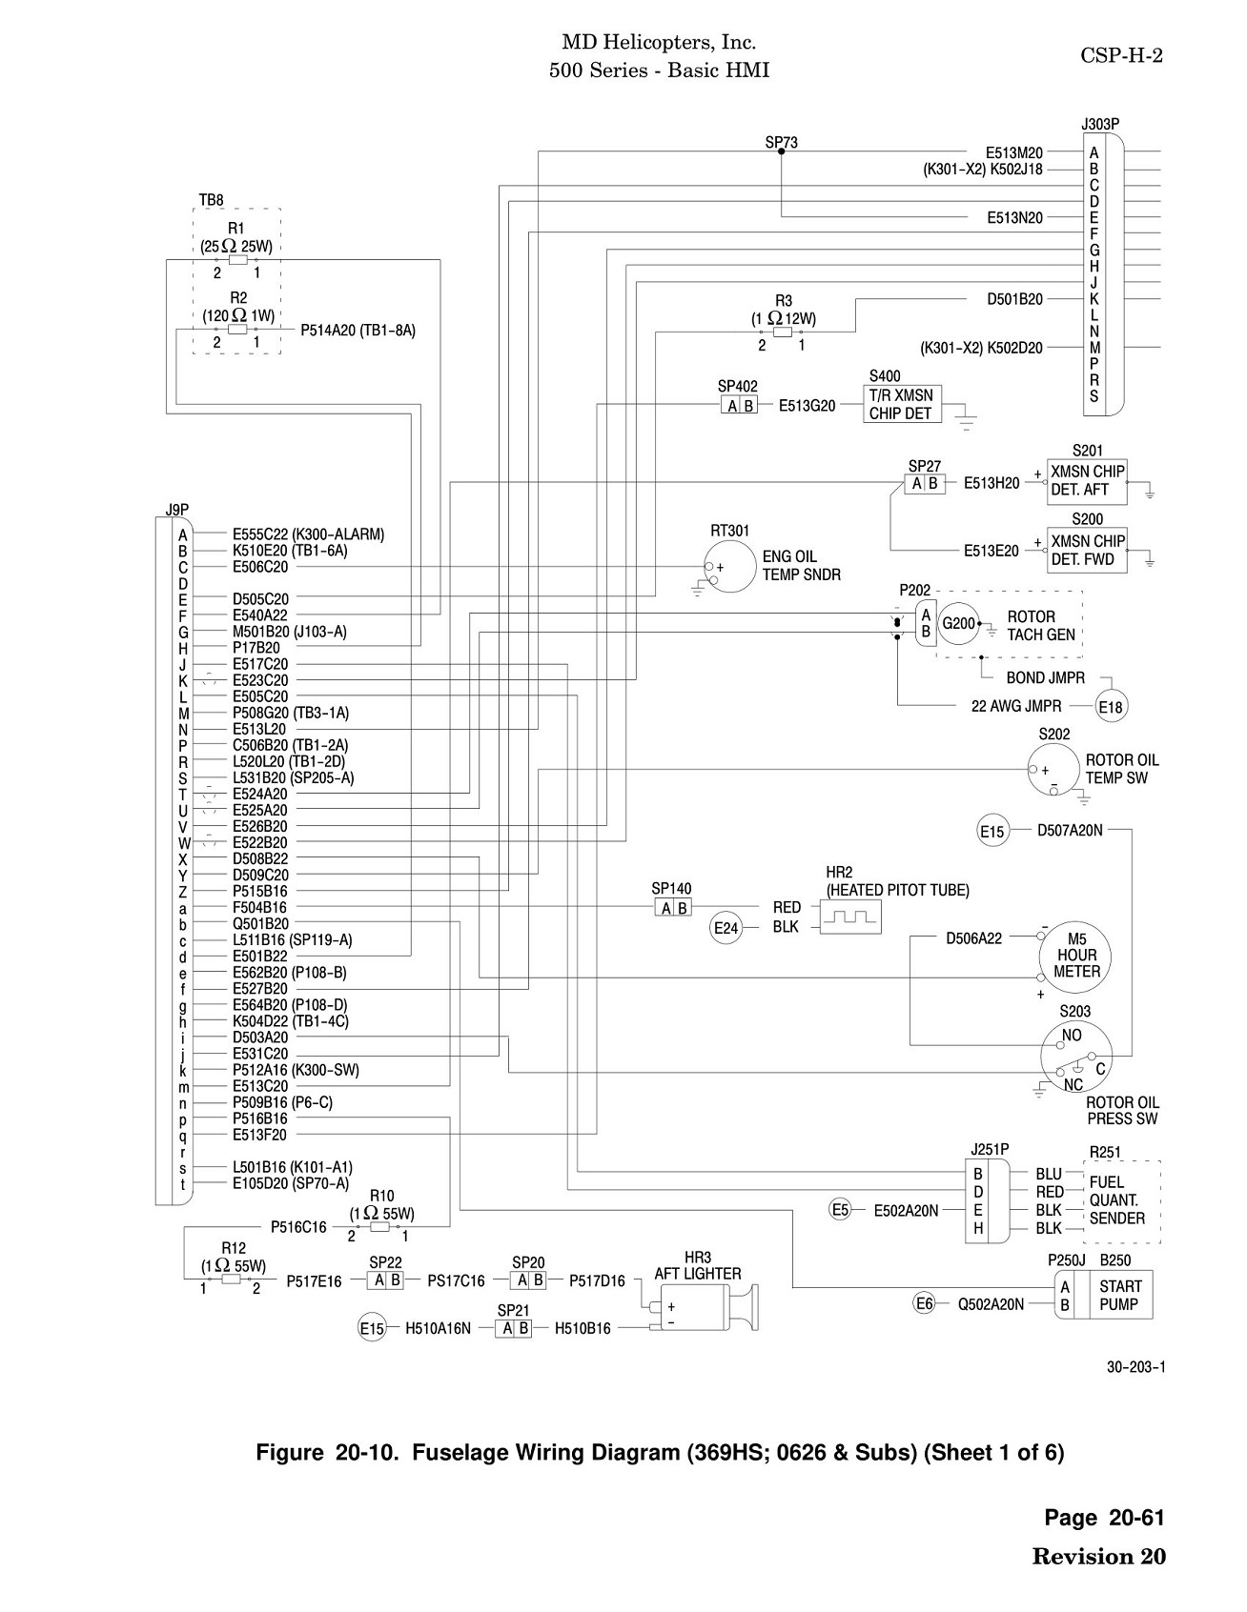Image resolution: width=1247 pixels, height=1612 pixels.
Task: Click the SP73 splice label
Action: (781, 143)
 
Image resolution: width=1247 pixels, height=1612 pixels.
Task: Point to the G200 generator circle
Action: (958, 624)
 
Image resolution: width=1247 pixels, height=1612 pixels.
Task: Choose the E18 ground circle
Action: (1111, 707)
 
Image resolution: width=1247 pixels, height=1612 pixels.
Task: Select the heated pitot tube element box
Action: (850, 917)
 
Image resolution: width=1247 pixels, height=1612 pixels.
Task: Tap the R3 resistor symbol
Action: (783, 332)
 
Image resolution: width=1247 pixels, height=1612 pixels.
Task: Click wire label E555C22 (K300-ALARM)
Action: (308, 534)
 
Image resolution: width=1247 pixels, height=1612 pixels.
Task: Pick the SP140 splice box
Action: (673, 908)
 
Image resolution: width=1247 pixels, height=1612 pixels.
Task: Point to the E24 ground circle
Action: (726, 928)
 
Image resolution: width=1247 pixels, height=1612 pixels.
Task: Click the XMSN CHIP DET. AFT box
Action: (1087, 480)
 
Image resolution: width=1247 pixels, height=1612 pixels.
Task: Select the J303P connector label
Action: (1100, 124)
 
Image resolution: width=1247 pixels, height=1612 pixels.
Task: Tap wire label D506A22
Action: (973, 938)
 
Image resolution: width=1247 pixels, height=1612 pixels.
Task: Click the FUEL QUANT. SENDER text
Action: (1116, 1199)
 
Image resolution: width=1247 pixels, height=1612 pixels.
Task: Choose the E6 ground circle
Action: (924, 1304)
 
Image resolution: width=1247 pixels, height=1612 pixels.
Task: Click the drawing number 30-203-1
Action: (1135, 1367)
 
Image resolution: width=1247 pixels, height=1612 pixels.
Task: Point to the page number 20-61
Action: (1136, 1518)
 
